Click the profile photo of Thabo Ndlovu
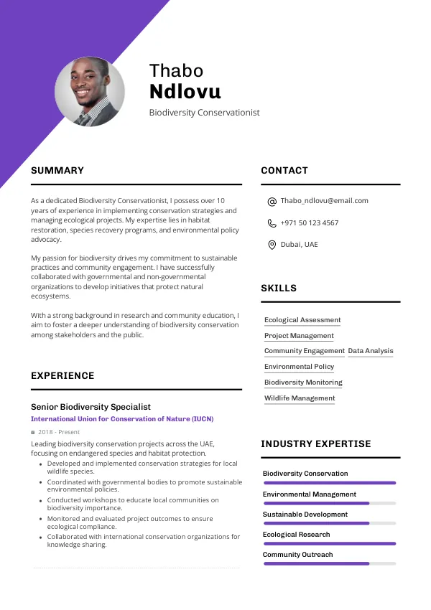pyautogui.click(x=90, y=91)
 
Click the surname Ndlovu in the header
pyautogui.click(x=185, y=91)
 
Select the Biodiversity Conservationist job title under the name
pyautogui.click(x=204, y=113)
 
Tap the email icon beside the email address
pyautogui.click(x=272, y=202)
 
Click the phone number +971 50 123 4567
pyautogui.click(x=309, y=223)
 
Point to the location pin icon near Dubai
pyautogui.click(x=272, y=245)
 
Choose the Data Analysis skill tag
pyautogui.click(x=371, y=351)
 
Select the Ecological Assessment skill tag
pyautogui.click(x=302, y=320)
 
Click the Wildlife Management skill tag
pyautogui.click(x=300, y=398)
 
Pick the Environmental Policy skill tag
pyautogui.click(x=299, y=367)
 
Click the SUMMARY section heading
pyautogui.click(x=57, y=171)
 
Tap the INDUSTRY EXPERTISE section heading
pyautogui.click(x=316, y=444)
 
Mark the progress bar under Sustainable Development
pyautogui.click(x=329, y=523)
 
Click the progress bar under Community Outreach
pyautogui.click(x=329, y=563)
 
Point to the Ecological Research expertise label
pyautogui.click(x=296, y=535)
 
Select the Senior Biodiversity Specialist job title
pyautogui.click(x=91, y=407)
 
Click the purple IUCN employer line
pyautogui.click(x=122, y=419)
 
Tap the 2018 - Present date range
pyautogui.click(x=58, y=432)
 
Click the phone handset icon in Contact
pyautogui.click(x=272, y=223)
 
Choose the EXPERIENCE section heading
pyautogui.click(x=62, y=376)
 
